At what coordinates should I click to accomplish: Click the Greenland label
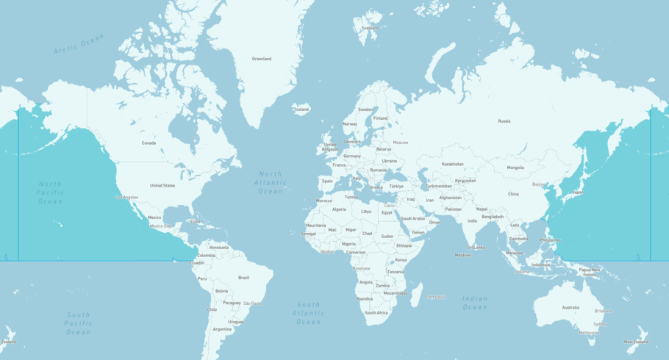tap(262, 59)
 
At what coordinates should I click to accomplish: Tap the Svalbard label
tap(371, 29)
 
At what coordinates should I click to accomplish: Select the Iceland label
tap(301, 109)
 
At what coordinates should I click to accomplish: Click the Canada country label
tap(149, 143)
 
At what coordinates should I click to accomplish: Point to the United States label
tap(162, 186)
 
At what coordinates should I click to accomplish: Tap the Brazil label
tap(244, 278)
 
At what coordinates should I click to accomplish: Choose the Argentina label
tap(222, 329)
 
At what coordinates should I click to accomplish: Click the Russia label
tap(504, 121)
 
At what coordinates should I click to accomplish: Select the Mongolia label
tap(515, 168)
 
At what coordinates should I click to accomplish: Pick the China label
tap(513, 194)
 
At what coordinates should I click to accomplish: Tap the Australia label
tap(570, 308)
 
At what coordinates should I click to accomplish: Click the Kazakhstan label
tap(453, 164)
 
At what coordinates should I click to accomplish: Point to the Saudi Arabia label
tap(412, 218)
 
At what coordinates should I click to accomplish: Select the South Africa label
tap(376, 313)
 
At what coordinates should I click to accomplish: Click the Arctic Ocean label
tap(79, 43)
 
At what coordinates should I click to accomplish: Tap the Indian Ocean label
tap(475, 303)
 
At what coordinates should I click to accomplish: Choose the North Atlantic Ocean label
tap(270, 183)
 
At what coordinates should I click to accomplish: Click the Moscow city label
tap(401, 143)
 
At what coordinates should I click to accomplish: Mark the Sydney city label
tap(601, 324)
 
